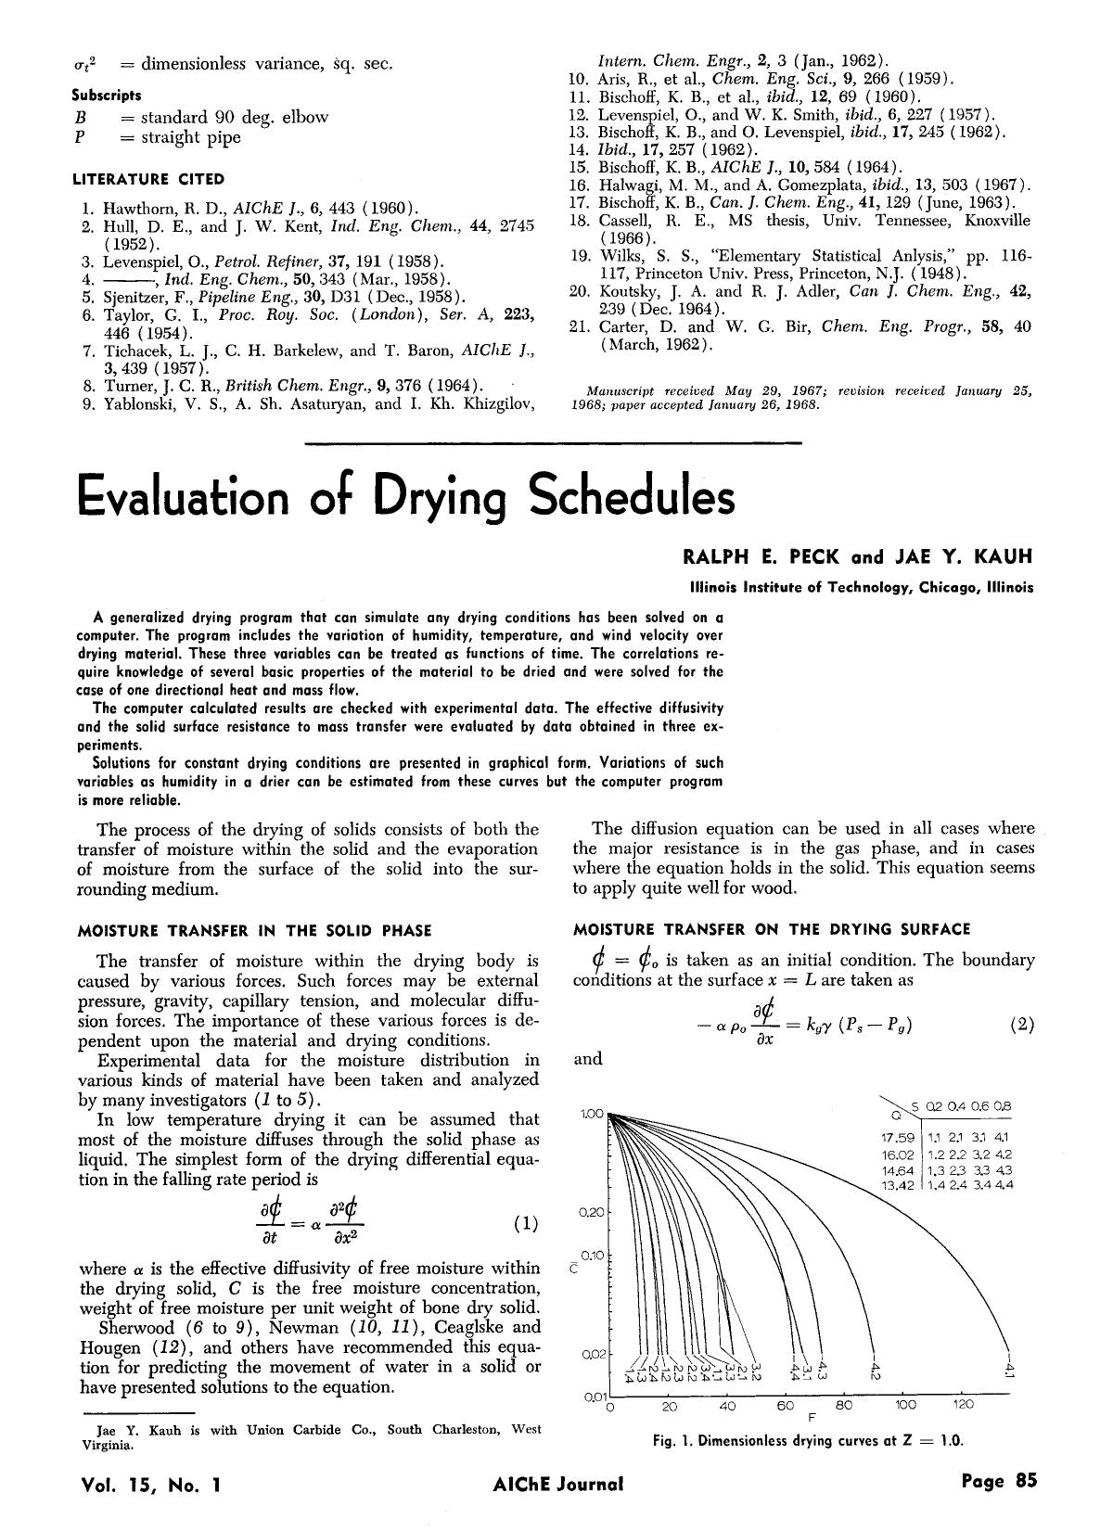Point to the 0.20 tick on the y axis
593,1212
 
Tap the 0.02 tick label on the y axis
593,1354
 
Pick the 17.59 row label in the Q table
898,1138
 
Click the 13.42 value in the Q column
898,1185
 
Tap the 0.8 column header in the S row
1002,1106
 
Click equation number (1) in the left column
525,1223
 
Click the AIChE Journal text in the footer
558,1483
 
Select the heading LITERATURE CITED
148,179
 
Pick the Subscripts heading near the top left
107,95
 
